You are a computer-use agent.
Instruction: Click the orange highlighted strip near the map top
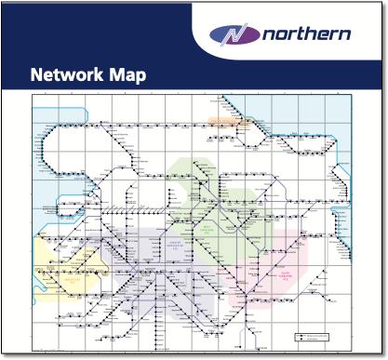click(224, 121)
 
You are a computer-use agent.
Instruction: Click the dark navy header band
click(93, 37)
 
